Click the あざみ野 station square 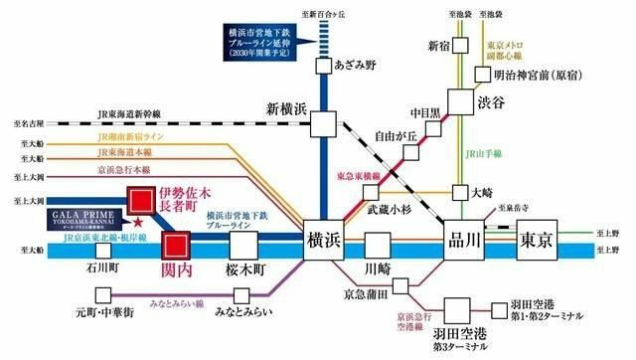point(324,66)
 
